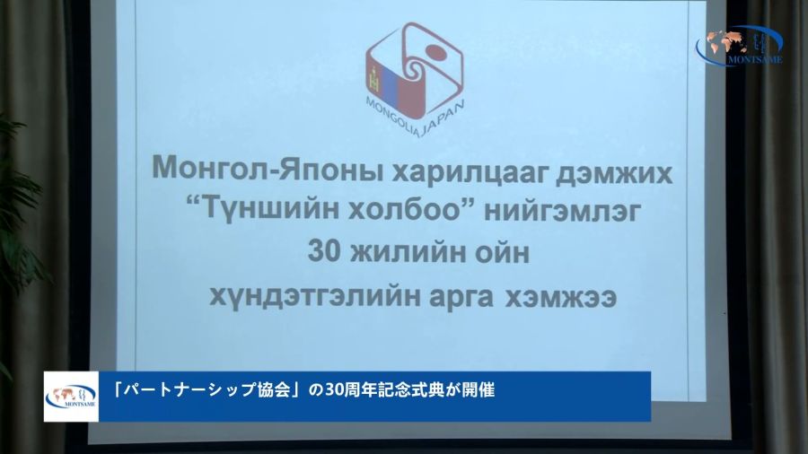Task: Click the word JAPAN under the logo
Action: [444, 118]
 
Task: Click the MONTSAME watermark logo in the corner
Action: [739, 45]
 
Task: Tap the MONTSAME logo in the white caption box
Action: [71, 397]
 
